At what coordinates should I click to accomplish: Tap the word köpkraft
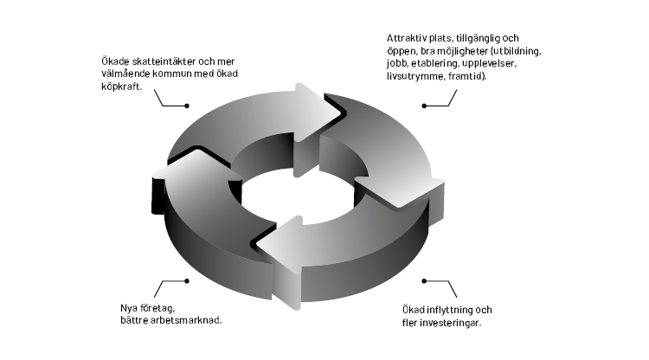(122, 87)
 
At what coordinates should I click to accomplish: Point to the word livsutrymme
(414, 77)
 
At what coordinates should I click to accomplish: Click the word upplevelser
(489, 64)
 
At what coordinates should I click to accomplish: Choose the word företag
(157, 309)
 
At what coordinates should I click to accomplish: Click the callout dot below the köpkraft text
(187, 106)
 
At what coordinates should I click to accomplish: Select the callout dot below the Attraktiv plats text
(424, 106)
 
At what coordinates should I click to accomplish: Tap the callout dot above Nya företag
(187, 281)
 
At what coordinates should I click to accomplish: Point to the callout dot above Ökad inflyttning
(424, 281)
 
